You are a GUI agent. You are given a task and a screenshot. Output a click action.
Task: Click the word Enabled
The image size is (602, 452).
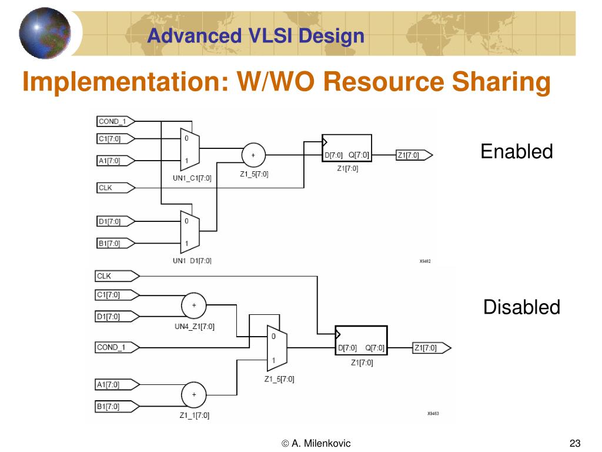(x=516, y=152)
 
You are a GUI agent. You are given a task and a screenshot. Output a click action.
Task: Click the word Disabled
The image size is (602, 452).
(x=521, y=307)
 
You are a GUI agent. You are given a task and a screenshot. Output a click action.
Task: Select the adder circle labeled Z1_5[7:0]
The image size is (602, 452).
(x=253, y=155)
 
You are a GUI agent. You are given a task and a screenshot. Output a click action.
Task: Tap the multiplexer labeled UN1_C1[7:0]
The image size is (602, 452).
(x=189, y=149)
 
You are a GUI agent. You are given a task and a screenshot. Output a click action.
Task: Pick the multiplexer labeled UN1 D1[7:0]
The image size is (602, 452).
(x=189, y=232)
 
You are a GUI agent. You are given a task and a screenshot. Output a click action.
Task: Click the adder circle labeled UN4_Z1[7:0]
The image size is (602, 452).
(x=194, y=305)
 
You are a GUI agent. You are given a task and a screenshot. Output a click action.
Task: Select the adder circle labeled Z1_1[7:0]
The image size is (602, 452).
(x=194, y=395)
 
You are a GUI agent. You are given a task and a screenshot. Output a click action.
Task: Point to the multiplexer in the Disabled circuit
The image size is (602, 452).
(x=276, y=348)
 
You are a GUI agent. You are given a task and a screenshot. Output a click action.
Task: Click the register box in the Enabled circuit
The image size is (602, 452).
(x=346, y=149)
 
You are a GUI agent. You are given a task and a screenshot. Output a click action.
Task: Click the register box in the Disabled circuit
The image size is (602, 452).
(x=361, y=341)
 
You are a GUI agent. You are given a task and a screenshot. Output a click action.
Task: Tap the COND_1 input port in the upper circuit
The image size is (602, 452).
(x=115, y=122)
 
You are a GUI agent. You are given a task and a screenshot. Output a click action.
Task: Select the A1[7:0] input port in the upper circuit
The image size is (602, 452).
(x=115, y=160)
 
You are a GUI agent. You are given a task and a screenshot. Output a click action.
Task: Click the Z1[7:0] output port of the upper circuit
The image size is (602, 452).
(x=414, y=155)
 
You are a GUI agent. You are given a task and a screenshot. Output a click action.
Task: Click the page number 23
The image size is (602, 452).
(x=575, y=443)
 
